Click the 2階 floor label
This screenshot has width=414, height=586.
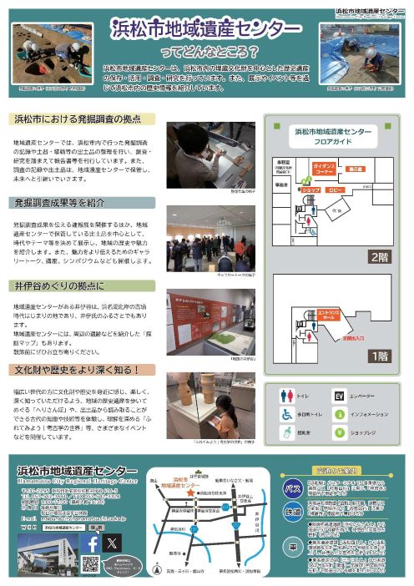click(379, 256)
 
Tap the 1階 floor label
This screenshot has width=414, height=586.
click(379, 355)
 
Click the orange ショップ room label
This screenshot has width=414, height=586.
click(310, 189)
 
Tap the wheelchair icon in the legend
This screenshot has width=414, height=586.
click(286, 413)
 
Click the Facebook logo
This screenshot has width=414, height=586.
click(93, 543)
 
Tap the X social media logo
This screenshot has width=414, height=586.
click(113, 543)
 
